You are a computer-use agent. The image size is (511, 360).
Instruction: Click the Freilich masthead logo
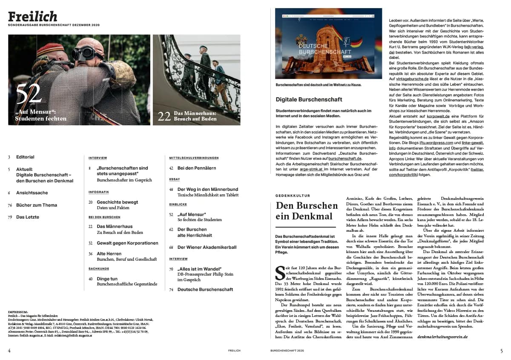(32, 17)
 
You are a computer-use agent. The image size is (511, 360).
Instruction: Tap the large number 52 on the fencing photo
(29, 95)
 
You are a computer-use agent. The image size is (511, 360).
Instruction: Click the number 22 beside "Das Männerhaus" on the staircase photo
(164, 116)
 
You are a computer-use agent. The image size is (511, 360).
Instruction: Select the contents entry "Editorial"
(25, 157)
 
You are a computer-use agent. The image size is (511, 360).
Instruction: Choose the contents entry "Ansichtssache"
(32, 193)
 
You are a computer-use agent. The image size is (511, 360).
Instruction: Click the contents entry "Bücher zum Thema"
(36, 205)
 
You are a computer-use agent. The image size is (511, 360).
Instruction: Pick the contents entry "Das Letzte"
(27, 217)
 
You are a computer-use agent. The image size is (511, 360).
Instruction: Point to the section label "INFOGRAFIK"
(99, 192)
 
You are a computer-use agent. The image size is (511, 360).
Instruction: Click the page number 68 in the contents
(172, 247)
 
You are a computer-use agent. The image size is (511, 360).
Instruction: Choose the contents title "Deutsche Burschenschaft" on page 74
(205, 289)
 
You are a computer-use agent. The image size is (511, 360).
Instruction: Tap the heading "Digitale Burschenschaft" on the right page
(309, 99)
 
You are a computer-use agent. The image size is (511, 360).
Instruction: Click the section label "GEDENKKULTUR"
(293, 196)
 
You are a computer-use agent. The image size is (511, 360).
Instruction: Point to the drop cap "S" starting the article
(279, 271)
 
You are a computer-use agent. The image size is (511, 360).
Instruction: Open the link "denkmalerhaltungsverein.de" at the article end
(442, 336)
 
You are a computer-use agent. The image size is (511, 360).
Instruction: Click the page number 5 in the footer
(501, 351)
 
